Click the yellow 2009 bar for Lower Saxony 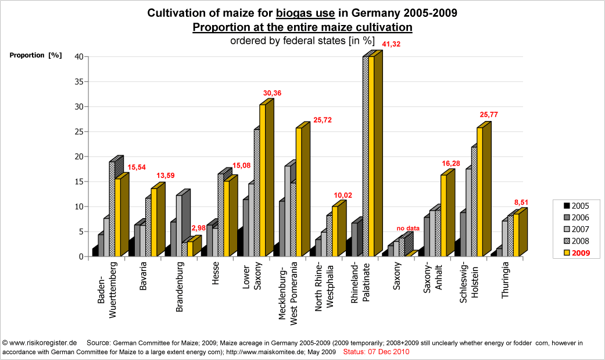pos(263,180)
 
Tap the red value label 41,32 pos(391,44)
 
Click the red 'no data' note pos(408,228)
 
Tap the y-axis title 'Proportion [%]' pos(35,55)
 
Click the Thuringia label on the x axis pos(506,280)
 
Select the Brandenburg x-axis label pos(180,287)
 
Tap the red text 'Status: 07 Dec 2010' pos(377,352)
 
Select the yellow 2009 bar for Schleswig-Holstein pos(480,192)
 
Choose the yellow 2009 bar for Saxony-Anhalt pos(443,216)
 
